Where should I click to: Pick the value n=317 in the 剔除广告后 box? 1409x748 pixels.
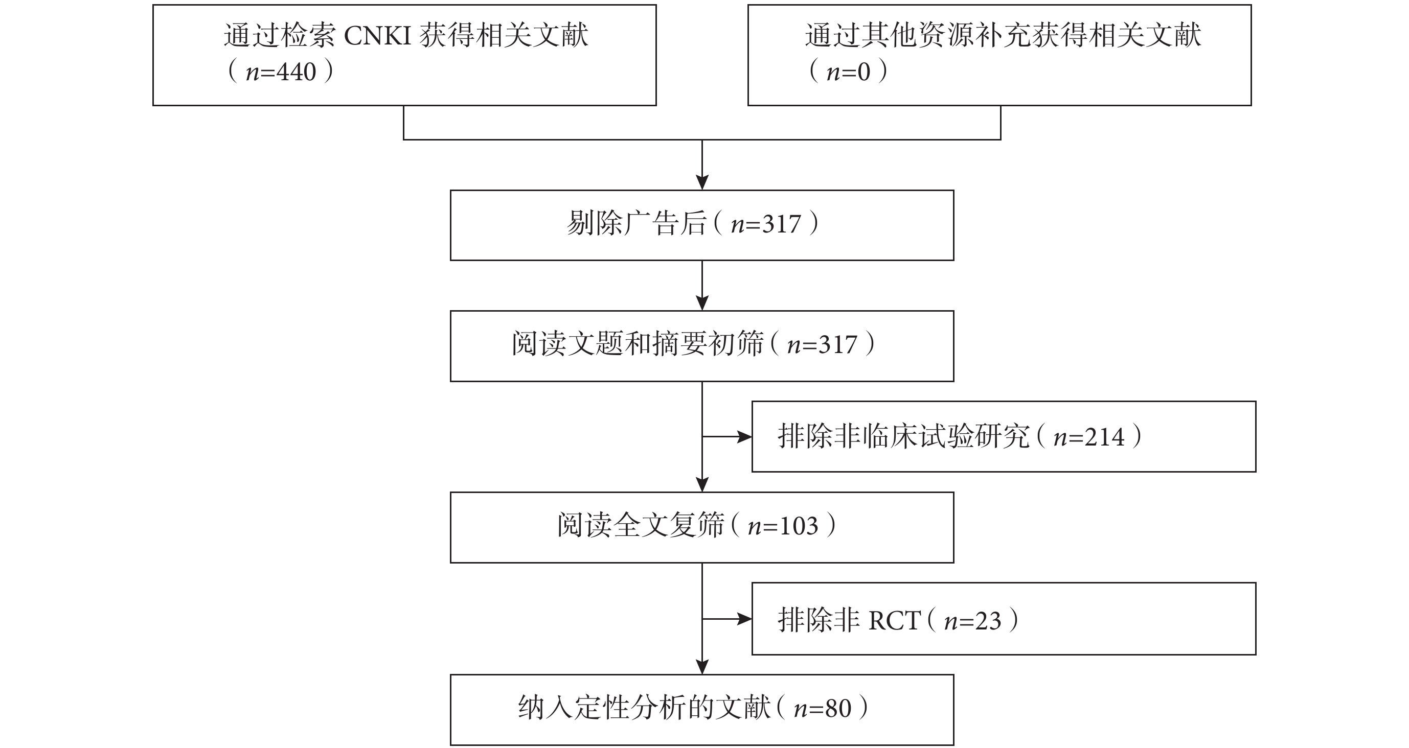[x=766, y=224]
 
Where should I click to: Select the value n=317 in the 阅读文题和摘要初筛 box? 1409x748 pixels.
[x=822, y=345]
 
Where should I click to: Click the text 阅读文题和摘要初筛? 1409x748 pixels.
[x=638, y=344]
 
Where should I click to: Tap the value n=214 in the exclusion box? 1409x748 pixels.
[x=1089, y=437]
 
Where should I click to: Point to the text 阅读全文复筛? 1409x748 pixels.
[x=641, y=525]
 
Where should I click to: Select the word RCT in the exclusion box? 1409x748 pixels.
[x=895, y=621]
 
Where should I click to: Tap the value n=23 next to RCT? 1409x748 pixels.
[x=972, y=621]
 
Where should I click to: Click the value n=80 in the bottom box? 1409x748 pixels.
[x=823, y=709]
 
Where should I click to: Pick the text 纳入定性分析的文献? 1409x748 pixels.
[x=644, y=708]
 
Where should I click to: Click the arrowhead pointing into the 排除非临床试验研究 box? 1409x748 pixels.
[x=744, y=437]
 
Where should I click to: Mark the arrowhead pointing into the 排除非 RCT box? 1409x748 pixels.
[x=744, y=619]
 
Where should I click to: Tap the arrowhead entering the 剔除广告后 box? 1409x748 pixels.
[x=702, y=182]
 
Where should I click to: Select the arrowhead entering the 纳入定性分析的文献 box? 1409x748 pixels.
[x=702, y=667]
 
